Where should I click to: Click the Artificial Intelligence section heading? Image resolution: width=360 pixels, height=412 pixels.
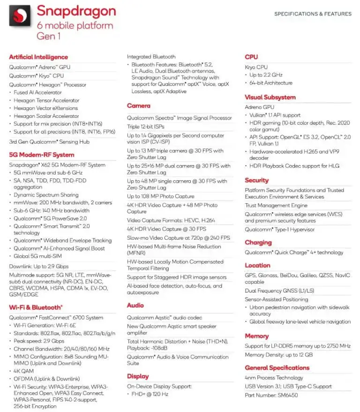[x=38, y=57]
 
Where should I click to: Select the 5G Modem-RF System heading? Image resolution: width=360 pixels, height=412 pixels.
[x=41, y=155]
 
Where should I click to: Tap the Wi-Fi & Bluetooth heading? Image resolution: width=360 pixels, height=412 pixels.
[x=36, y=307]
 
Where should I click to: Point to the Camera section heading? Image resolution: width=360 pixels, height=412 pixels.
[x=139, y=106]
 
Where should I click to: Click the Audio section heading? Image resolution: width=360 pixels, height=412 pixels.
[x=135, y=305]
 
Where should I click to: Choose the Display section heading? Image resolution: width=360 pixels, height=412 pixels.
[x=138, y=376]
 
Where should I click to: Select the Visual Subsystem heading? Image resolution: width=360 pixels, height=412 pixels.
[x=270, y=98]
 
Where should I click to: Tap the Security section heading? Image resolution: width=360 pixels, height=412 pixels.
[x=257, y=180]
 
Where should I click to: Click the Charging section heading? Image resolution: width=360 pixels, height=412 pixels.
[x=258, y=243]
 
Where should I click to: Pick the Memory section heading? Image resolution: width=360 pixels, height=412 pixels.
[x=257, y=336]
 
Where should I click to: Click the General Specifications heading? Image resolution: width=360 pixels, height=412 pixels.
[x=277, y=368]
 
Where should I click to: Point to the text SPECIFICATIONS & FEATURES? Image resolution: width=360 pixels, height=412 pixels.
[x=313, y=14]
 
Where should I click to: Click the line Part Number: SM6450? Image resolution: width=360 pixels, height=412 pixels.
[x=271, y=396]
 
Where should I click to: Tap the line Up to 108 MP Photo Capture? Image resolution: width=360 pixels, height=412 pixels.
[x=160, y=197]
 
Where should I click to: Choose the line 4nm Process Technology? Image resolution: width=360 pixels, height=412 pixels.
[x=274, y=378]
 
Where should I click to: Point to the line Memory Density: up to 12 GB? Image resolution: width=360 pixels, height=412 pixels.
[x=278, y=355]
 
